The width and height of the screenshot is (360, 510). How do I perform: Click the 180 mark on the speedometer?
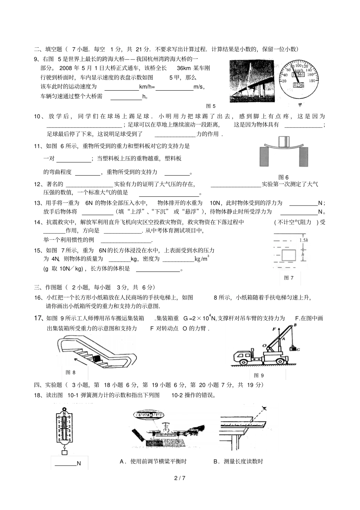(x=312, y=81)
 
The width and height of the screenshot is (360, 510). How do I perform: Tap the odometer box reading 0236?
(x=299, y=85)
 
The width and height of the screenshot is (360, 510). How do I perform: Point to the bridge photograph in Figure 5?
(x=252, y=81)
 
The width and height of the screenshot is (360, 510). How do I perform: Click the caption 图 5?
(x=211, y=106)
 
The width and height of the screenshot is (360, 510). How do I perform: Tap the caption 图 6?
(x=283, y=177)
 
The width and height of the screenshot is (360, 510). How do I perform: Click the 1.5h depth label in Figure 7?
(x=304, y=240)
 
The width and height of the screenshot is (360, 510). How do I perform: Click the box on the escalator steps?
(x=96, y=358)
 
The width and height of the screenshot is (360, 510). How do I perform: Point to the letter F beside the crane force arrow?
(x=274, y=330)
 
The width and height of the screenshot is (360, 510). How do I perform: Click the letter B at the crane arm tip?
(x=295, y=325)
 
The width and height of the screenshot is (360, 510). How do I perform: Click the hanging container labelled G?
(x=293, y=349)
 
